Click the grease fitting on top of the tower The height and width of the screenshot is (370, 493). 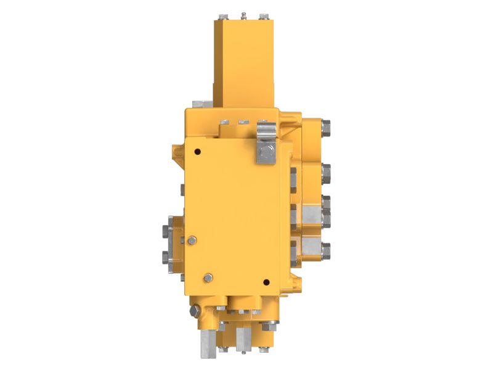point(244,14)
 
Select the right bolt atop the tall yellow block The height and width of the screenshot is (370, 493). point(264,16)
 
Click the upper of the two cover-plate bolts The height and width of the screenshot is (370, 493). point(193,240)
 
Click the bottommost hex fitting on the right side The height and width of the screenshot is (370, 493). point(324,249)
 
